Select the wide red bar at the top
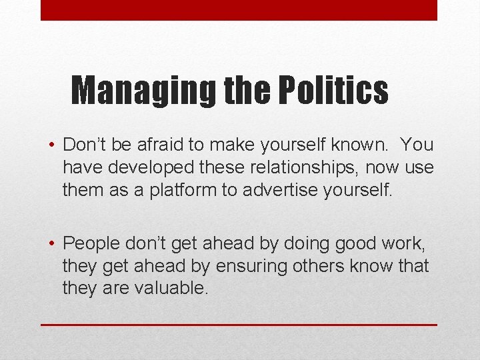coord(239,10)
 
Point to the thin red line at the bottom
coord(239,325)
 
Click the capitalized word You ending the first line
coord(418,145)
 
